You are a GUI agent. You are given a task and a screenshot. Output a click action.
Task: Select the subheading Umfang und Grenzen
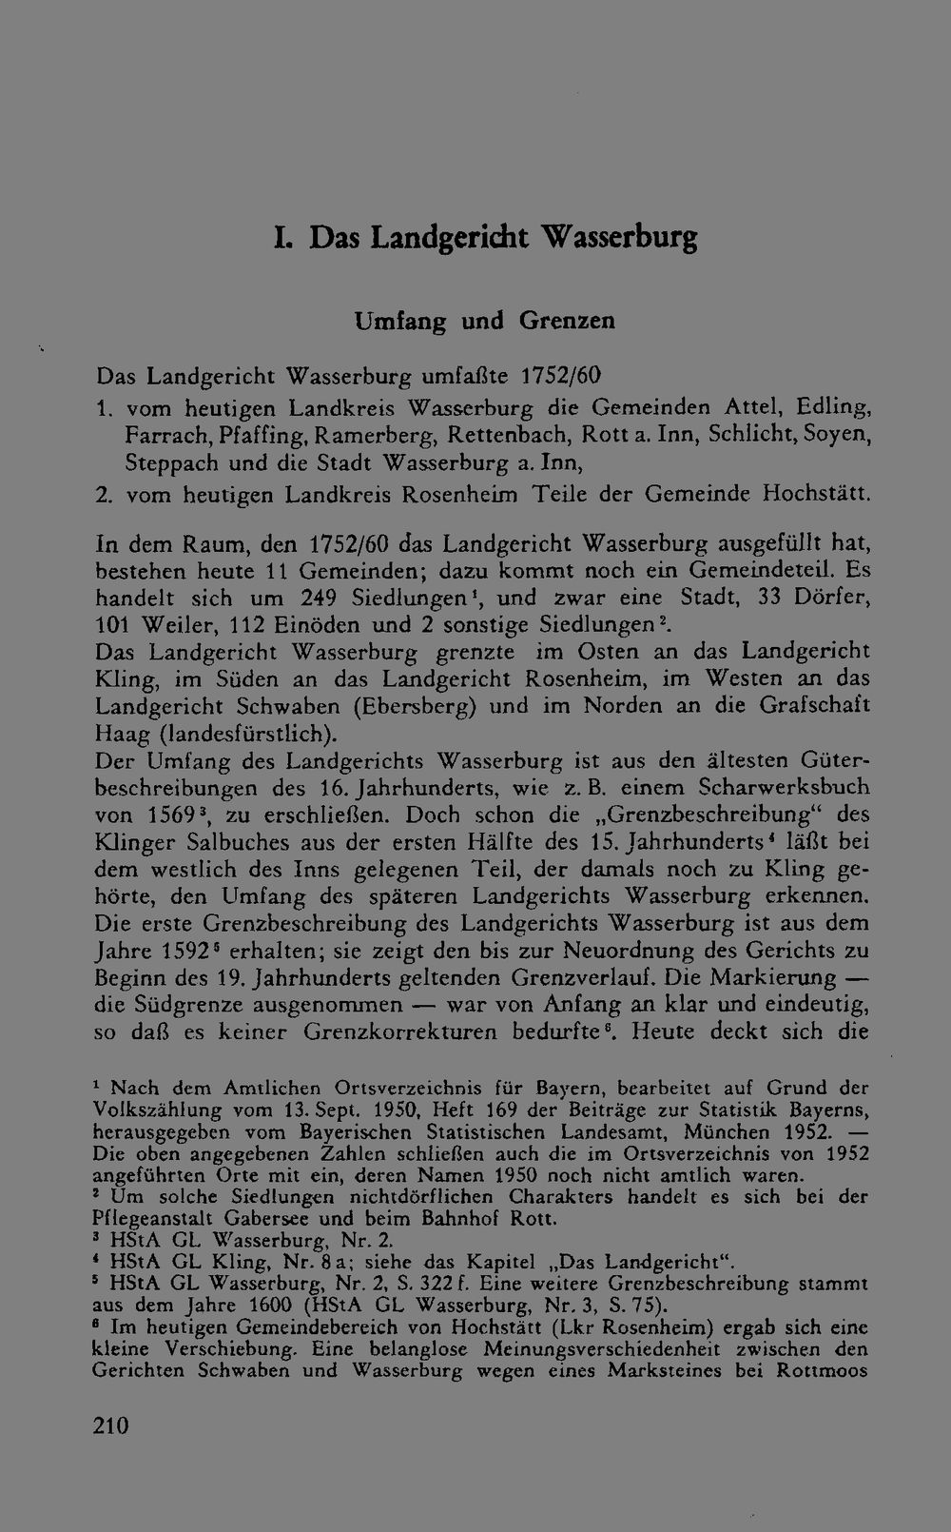pyautogui.click(x=484, y=321)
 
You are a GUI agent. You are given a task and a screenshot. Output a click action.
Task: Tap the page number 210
pyautogui.click(x=110, y=1424)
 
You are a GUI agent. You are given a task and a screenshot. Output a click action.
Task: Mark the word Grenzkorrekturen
pyautogui.click(x=400, y=1031)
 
